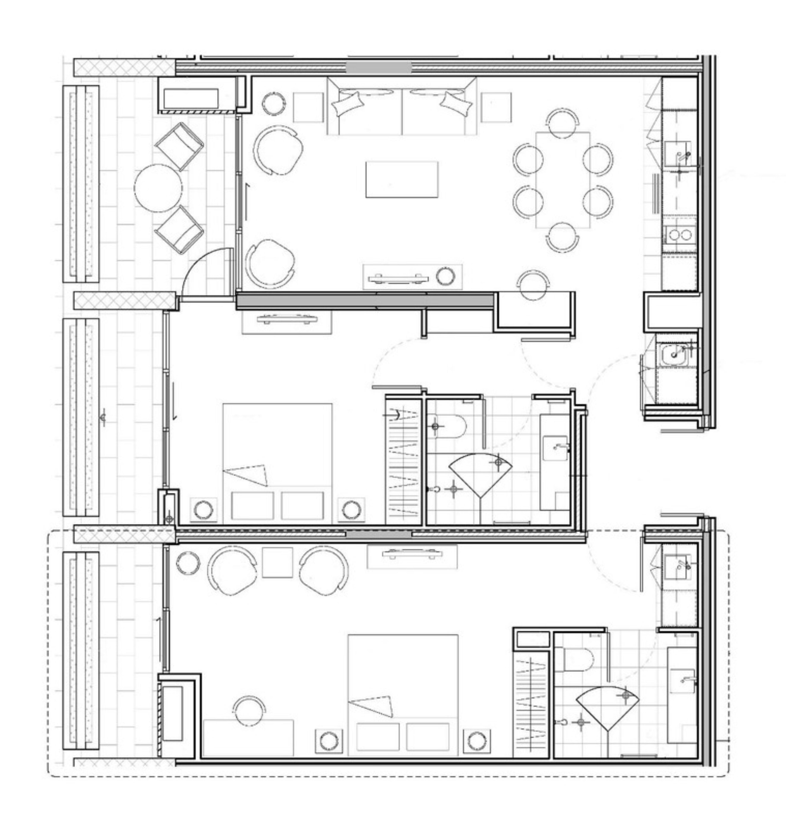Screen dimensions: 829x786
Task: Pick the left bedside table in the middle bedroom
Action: click(204, 510)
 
